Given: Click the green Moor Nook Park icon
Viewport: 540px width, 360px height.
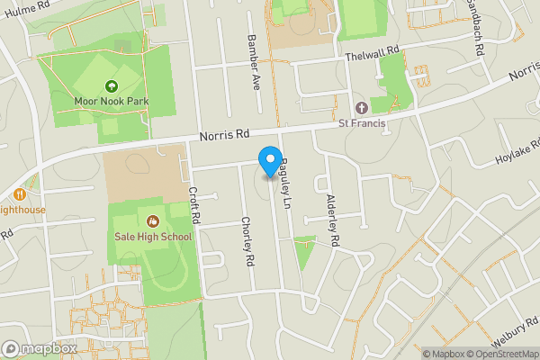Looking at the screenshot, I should (x=112, y=85).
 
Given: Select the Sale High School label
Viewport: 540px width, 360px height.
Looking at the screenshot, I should (x=153, y=237).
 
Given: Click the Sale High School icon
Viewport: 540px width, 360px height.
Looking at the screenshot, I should (x=152, y=221).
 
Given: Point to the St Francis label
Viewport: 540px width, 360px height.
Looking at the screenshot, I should (x=362, y=123).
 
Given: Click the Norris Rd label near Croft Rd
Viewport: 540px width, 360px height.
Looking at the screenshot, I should (x=223, y=134).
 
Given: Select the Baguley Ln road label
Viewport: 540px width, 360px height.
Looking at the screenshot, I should (x=286, y=179).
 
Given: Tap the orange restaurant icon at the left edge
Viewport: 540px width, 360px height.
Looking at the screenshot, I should (x=18, y=193).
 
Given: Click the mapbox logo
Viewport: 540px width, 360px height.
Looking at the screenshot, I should (x=40, y=348).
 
